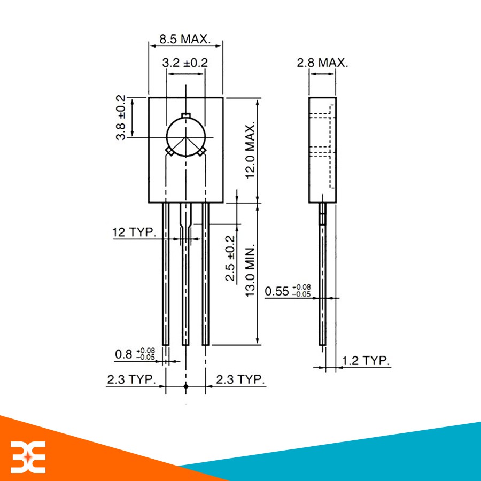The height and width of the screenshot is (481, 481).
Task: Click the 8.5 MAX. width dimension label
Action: pyautogui.click(x=185, y=39)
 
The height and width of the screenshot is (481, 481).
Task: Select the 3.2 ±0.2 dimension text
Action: pyautogui.click(x=185, y=63)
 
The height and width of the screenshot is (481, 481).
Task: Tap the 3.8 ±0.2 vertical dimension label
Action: pyautogui.click(x=121, y=118)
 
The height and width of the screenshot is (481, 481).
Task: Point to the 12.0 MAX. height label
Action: pyautogui.click(x=251, y=149)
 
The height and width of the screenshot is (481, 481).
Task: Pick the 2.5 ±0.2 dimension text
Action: pyautogui.click(x=230, y=258)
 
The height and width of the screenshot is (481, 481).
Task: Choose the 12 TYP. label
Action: pyautogui.click(x=134, y=232)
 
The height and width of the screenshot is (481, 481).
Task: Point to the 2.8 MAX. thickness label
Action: pyautogui.click(x=322, y=63)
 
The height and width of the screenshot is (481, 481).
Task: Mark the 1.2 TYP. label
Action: pyautogui.click(x=366, y=361)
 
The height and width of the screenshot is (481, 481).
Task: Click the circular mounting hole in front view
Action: pyautogui.click(x=185, y=137)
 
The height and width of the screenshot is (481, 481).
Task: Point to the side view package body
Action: pyautogui.click(x=323, y=150)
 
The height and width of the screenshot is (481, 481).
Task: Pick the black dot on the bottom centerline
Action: pyautogui.click(x=185, y=385)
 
